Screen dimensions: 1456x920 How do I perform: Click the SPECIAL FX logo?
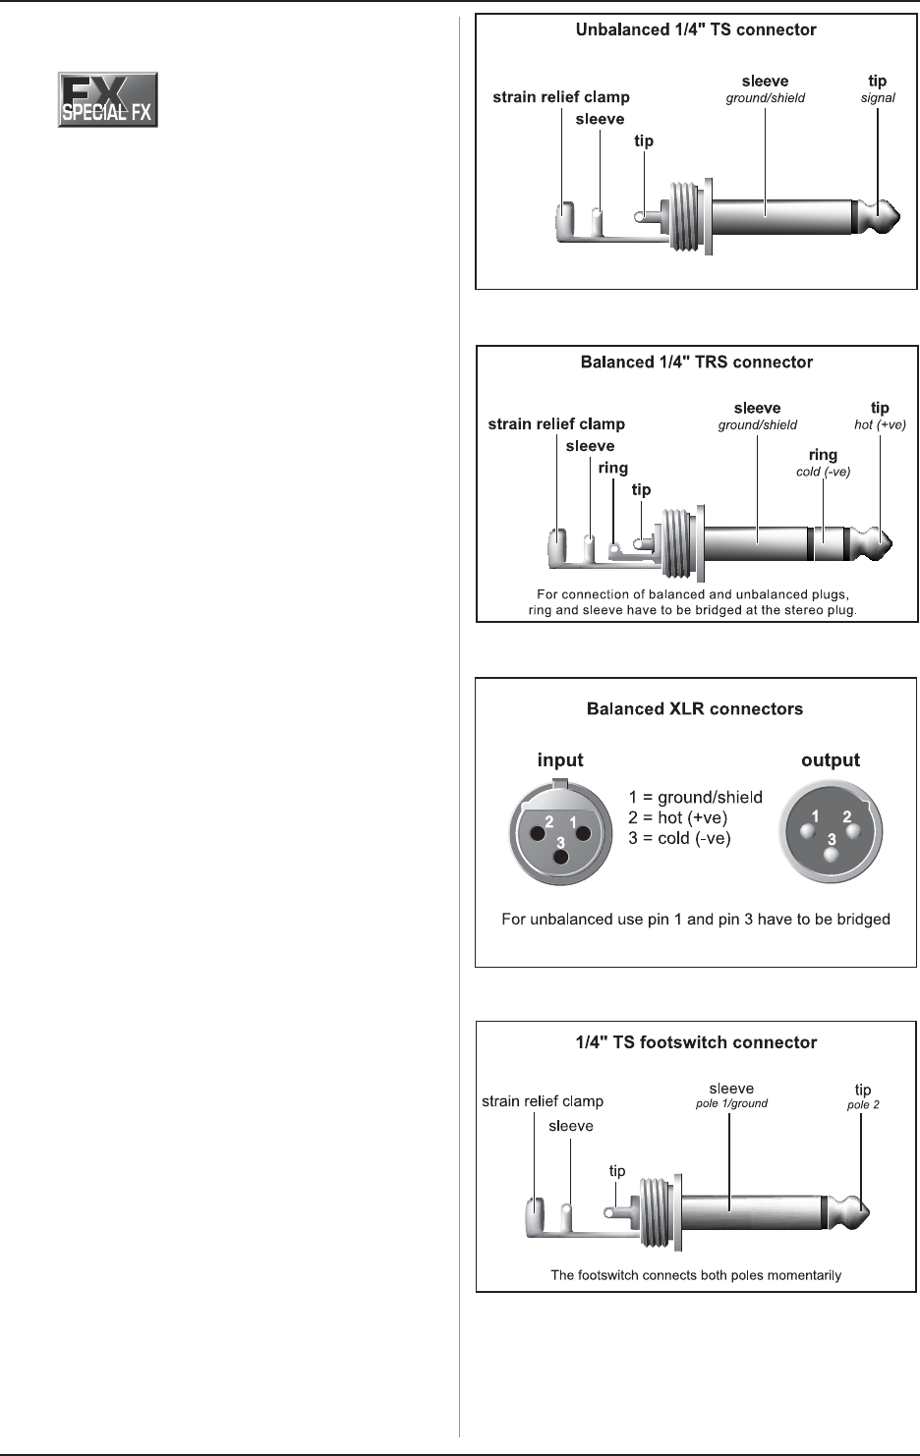pos(108,99)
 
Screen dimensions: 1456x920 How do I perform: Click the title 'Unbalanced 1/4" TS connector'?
pos(696,30)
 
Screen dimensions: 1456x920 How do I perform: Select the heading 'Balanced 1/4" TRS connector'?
pos(697,363)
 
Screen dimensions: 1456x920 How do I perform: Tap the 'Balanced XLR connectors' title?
pos(695,709)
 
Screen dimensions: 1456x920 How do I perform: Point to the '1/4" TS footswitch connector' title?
pos(696,1043)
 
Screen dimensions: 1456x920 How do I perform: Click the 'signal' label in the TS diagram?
pos(878,98)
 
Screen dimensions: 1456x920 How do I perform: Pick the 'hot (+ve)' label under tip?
pos(880,425)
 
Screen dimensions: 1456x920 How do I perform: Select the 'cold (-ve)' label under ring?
pos(823,473)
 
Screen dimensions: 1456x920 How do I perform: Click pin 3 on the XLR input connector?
pos(561,858)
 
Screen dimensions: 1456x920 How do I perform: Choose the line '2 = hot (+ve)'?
pos(678,818)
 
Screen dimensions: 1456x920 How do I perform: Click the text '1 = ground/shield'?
pos(696,798)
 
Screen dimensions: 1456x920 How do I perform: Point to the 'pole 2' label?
pos(863,1105)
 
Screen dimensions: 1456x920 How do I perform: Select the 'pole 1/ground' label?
pos(731,1104)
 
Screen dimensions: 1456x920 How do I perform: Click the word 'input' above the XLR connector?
pos(560,760)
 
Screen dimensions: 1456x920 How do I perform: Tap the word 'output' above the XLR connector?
pos(831,760)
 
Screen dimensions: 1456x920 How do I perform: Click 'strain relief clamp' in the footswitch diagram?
pos(543,1101)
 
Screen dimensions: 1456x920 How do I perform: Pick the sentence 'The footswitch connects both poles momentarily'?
pos(696,1275)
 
